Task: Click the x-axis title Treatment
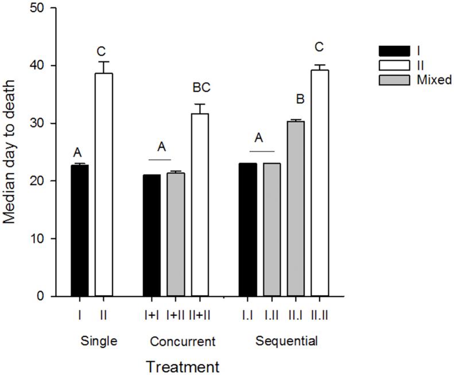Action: [x=182, y=365]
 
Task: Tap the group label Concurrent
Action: [x=182, y=342]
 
